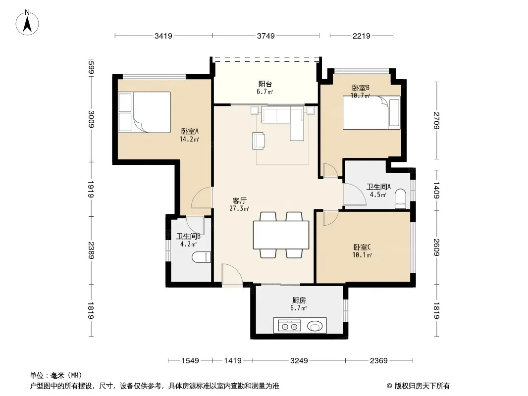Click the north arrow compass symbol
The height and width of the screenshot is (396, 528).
27,23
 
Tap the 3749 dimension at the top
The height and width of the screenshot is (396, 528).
265,36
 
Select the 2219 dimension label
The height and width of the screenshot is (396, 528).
361,36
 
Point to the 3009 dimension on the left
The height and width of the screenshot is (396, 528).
91,119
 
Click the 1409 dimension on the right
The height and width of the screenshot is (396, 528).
436,190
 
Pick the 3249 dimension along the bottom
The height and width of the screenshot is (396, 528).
299,361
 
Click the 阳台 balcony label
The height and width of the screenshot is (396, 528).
265,84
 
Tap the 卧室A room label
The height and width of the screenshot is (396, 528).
190,131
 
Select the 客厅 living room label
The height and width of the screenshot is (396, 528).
239,201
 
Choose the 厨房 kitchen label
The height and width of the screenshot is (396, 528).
299,300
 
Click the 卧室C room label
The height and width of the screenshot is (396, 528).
362,247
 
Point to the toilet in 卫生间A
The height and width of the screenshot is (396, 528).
400,198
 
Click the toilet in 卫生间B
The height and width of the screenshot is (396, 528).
202,257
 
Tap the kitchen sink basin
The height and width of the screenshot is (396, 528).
315,326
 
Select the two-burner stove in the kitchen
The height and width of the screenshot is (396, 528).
290,326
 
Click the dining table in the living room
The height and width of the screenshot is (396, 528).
281,235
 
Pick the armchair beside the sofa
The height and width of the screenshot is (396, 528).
258,141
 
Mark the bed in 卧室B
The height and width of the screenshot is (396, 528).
371,113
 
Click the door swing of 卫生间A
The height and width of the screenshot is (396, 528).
355,195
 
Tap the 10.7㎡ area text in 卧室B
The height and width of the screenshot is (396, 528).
360,96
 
